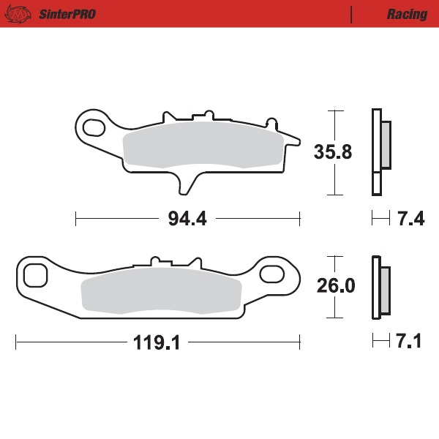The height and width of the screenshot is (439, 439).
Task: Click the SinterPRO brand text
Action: click(x=65, y=14)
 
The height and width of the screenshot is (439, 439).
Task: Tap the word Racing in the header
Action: click(x=407, y=14)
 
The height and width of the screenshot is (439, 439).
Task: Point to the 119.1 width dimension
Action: click(x=157, y=342)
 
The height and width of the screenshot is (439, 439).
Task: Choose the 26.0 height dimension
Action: click(x=335, y=286)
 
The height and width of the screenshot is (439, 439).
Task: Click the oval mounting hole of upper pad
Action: click(x=94, y=128)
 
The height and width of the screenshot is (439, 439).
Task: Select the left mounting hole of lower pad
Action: click(x=34, y=276)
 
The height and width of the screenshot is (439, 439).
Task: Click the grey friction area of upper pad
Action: click(x=201, y=145)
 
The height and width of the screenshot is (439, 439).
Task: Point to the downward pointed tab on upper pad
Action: click(x=188, y=183)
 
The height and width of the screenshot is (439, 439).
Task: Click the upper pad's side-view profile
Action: click(x=378, y=151)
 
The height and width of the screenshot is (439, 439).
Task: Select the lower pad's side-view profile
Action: click(x=378, y=287)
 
